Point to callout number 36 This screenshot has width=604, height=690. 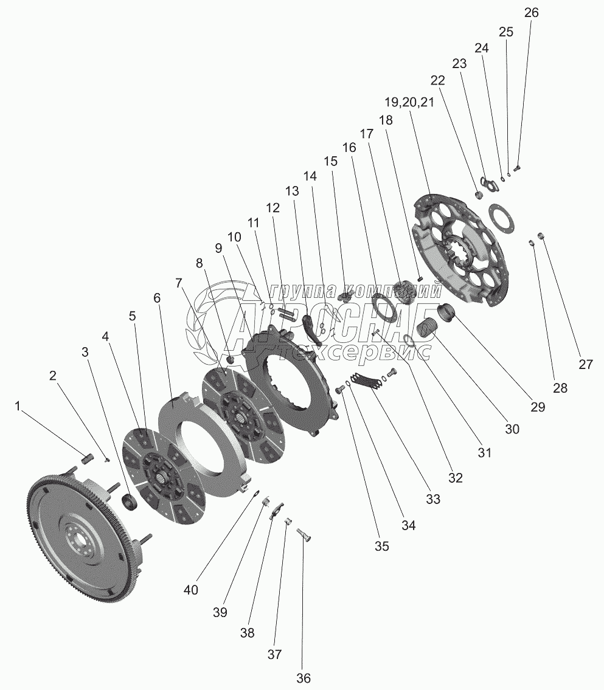[304, 678]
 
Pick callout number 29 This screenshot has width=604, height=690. [537, 407]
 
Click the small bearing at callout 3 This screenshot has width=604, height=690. [130, 502]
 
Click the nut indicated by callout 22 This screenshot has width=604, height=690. [478, 195]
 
